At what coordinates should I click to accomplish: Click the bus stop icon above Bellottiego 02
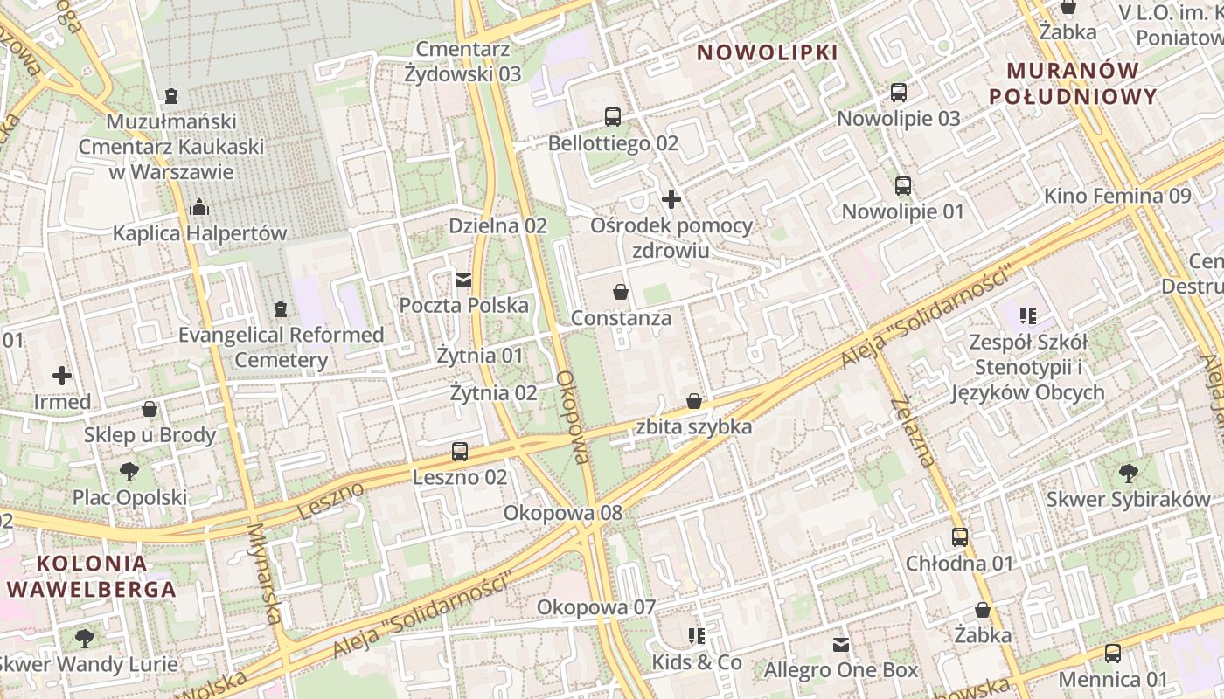click(x=613, y=116)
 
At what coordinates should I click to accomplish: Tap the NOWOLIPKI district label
click(x=767, y=52)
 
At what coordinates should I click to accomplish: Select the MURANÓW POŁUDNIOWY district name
click(x=1073, y=83)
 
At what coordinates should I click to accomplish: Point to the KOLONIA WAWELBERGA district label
click(x=91, y=576)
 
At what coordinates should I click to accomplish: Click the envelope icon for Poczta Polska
click(x=463, y=280)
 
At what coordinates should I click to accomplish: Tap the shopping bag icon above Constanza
click(x=621, y=292)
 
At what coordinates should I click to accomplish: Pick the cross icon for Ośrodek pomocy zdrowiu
click(x=671, y=199)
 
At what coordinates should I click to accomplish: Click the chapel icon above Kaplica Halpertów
click(x=199, y=207)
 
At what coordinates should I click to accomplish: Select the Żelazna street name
click(x=915, y=432)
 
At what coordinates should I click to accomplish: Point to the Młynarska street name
click(x=267, y=572)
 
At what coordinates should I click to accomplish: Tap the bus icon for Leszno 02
click(x=460, y=452)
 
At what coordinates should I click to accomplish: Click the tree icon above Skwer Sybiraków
click(x=1128, y=474)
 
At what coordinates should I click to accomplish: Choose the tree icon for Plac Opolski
click(x=129, y=472)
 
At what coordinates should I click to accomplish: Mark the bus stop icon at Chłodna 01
click(x=959, y=537)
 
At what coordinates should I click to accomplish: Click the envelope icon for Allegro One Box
click(x=841, y=645)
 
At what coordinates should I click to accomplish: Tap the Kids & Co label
click(x=696, y=662)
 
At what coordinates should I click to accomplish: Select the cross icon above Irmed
click(x=62, y=376)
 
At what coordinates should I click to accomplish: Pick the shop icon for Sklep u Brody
click(x=150, y=409)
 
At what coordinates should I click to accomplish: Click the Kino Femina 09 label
click(x=1117, y=196)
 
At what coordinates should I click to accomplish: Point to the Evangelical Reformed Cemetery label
click(x=281, y=347)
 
